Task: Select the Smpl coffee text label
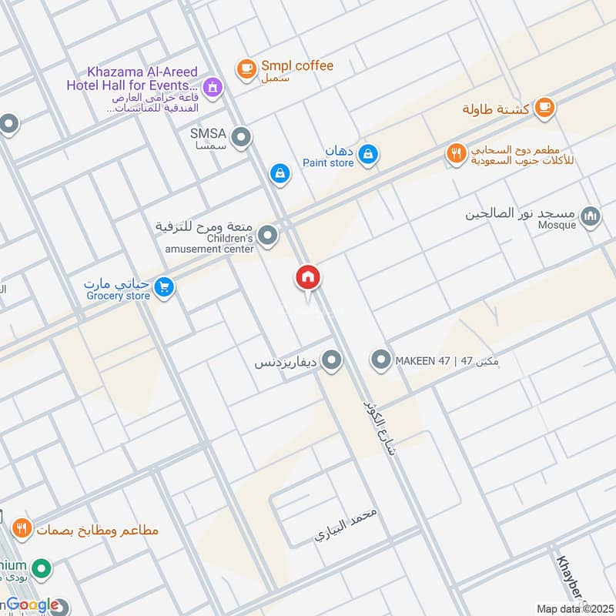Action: (x=296, y=66)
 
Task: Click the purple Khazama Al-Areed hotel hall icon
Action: (x=214, y=88)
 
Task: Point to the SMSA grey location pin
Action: (x=242, y=138)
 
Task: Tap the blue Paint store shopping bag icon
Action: (x=370, y=155)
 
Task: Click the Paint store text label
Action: (x=328, y=162)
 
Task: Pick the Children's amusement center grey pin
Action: (x=267, y=236)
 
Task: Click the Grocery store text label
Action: (x=118, y=296)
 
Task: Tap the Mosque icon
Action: (x=591, y=216)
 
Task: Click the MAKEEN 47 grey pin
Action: (x=380, y=360)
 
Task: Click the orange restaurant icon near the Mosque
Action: (x=457, y=154)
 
